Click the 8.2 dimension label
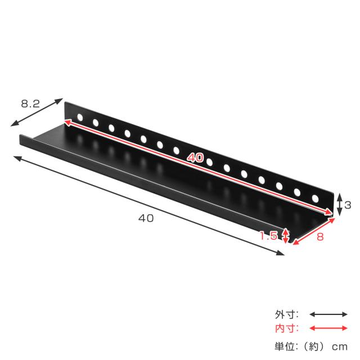point(30,103)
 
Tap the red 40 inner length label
point(195,157)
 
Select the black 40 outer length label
point(146,218)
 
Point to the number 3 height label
point(348,205)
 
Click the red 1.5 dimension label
point(269,236)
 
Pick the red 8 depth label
point(320,237)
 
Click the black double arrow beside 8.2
point(37,112)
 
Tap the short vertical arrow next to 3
point(339,205)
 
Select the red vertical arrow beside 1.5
point(285,236)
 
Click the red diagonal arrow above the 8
point(314,231)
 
